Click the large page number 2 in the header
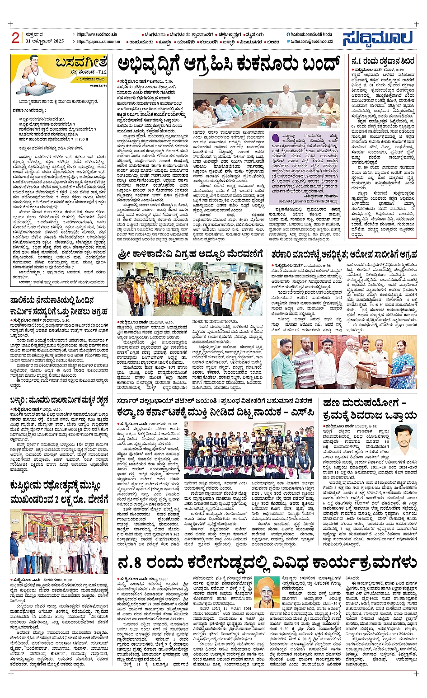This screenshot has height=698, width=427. (15, 37)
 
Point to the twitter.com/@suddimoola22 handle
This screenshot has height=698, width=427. (311, 42)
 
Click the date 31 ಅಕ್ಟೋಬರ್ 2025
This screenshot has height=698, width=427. (45, 41)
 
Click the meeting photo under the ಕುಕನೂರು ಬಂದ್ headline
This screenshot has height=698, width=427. (266, 104)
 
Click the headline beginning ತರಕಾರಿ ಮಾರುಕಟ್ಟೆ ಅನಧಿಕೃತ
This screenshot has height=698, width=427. (344, 255)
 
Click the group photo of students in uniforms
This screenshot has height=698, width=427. (249, 450)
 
